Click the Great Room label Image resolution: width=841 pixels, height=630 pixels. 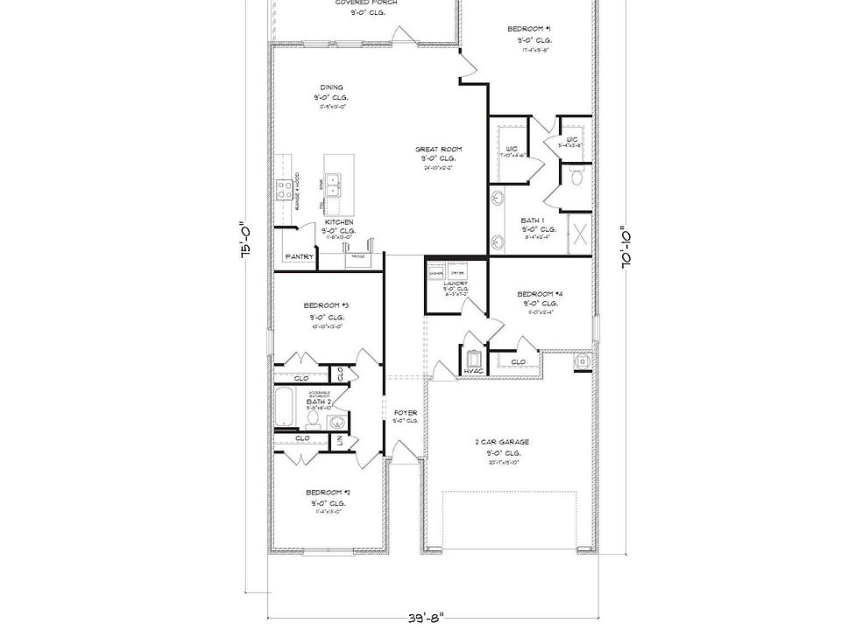tap(438, 150)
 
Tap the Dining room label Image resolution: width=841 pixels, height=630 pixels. tap(331, 87)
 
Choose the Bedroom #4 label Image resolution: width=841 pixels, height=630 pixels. tap(540, 293)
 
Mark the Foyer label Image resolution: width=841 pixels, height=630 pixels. tap(406, 412)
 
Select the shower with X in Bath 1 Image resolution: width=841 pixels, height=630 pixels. tap(580, 234)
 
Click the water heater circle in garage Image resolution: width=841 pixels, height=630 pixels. tap(583, 362)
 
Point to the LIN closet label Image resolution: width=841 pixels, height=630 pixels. tap(340, 442)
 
